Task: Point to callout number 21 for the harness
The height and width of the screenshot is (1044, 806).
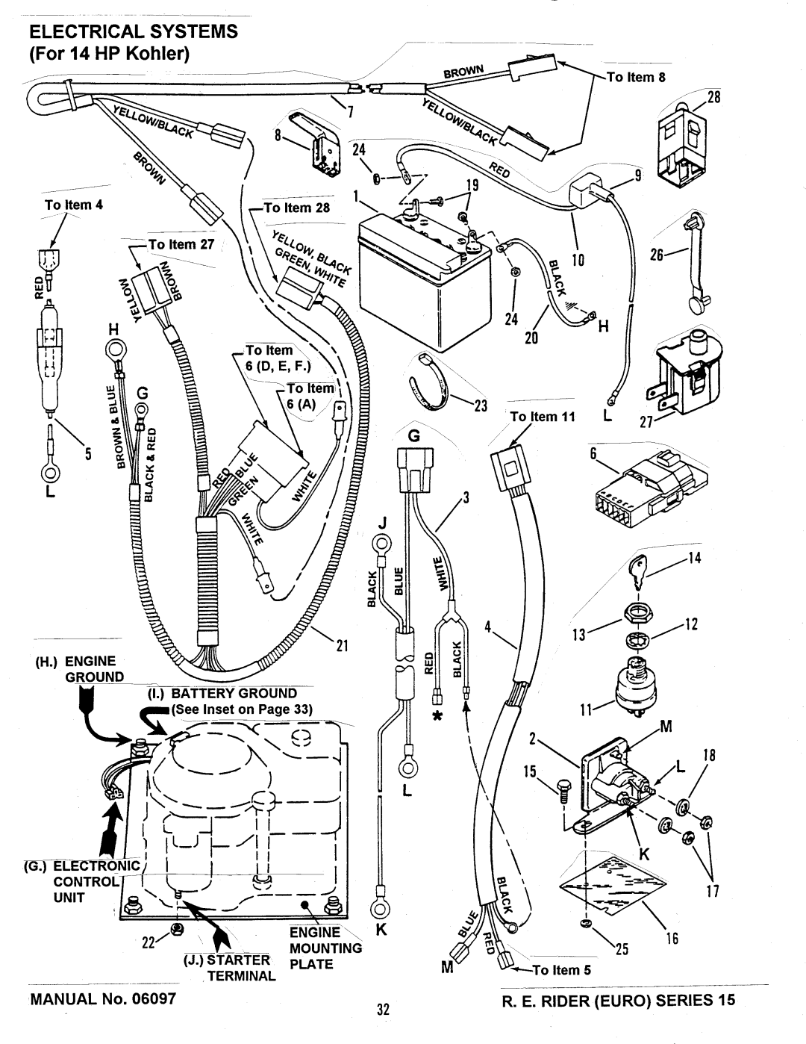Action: point(342,645)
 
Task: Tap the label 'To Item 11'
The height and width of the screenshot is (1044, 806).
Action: point(542,417)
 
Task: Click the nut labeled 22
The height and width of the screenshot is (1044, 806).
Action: point(178,928)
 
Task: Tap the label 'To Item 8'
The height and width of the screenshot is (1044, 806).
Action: point(635,77)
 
